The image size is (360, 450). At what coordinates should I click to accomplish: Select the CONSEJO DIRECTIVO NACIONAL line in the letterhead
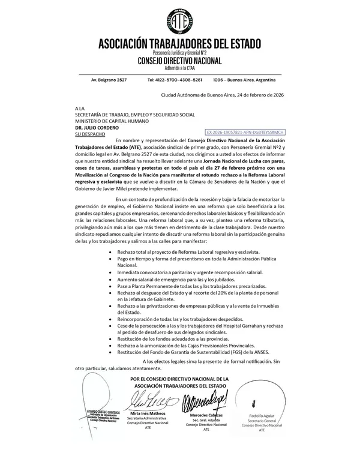tap(179, 61)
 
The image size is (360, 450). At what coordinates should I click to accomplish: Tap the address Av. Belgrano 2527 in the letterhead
tap(109, 80)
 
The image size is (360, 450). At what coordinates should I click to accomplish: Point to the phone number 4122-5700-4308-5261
tap(175, 80)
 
